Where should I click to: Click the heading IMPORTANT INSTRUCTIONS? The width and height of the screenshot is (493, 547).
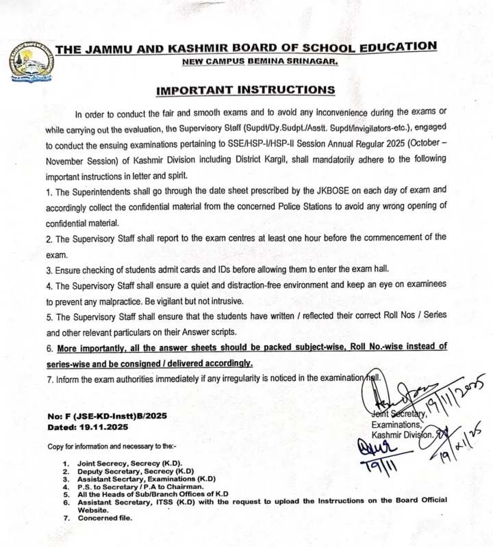246,90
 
